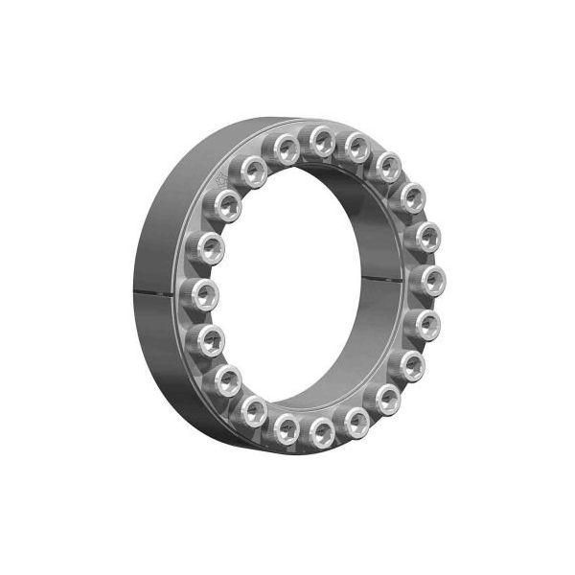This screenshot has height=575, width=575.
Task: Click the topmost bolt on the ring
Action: click(322, 141)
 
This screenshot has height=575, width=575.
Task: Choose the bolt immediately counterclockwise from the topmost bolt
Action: click(286, 146)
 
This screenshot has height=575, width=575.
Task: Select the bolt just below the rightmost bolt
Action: click(428, 321)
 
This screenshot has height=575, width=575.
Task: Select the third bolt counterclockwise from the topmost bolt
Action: click(231, 202)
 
